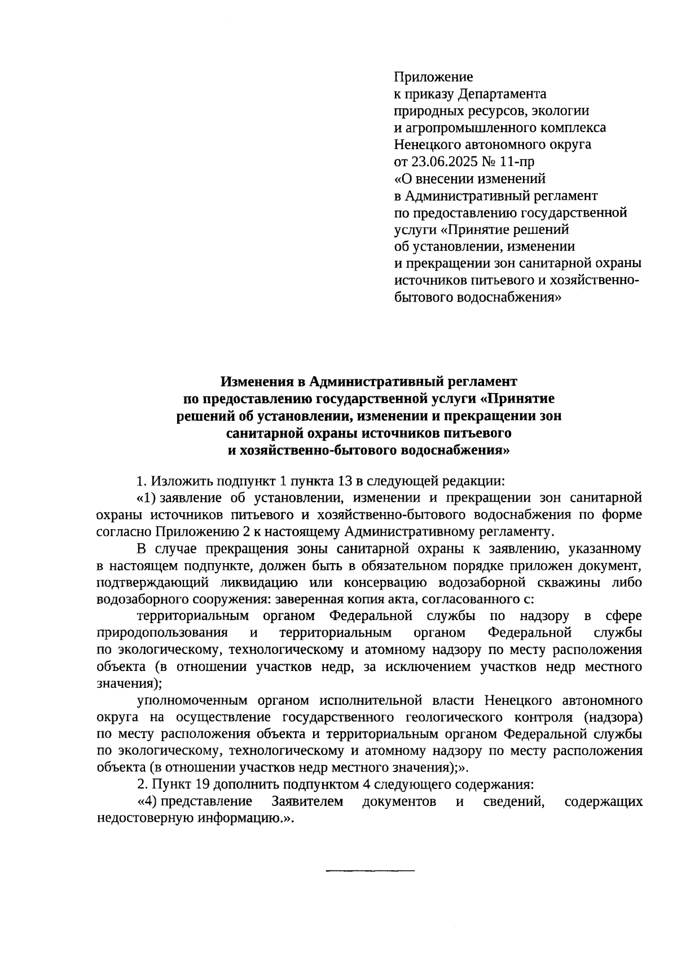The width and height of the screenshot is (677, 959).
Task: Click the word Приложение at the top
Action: point(433,76)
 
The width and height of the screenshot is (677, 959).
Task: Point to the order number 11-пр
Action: point(516,162)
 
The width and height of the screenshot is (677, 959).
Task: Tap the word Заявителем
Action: point(307,801)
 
